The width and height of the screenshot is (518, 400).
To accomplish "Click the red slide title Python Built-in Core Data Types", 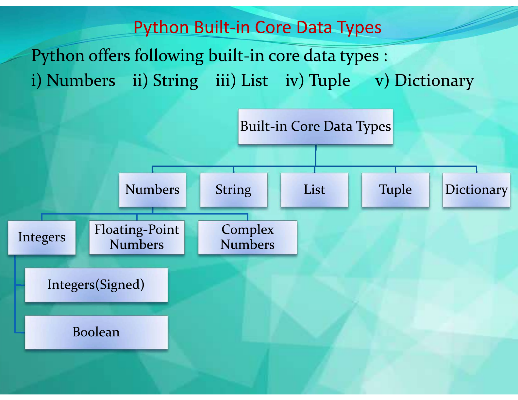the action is [258, 28].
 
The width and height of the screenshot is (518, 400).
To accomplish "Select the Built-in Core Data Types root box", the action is [315, 127].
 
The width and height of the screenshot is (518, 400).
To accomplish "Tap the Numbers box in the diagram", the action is [153, 190].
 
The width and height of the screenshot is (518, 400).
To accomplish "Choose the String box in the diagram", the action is [234, 190].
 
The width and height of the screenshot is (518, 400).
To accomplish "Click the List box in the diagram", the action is [314, 190].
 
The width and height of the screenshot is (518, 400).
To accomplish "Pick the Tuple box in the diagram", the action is [395, 190].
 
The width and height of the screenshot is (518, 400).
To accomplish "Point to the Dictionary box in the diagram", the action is [476, 190].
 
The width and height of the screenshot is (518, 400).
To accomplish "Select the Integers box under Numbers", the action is [42, 238].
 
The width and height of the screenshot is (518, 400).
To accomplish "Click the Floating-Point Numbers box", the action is [137, 237].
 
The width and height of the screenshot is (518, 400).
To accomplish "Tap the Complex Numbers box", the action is [247, 237].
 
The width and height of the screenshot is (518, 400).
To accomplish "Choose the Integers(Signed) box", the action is [96, 285].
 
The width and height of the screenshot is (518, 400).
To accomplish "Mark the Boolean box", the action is [96, 332].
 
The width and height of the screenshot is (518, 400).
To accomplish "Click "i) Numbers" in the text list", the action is [73, 80].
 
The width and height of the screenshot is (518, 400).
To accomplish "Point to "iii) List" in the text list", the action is [242, 80].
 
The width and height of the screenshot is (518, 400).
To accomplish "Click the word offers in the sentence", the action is [109, 56].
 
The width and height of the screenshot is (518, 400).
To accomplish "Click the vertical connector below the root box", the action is [316, 155].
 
